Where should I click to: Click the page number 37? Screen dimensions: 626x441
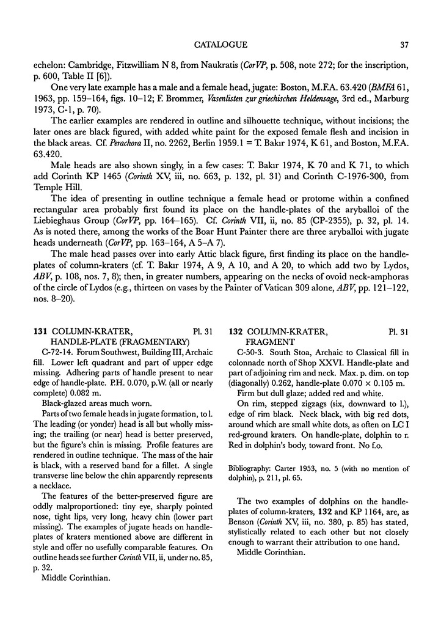point(404,44)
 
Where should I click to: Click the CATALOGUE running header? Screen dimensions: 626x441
point(221,44)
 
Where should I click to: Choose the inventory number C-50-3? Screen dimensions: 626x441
point(250,353)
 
